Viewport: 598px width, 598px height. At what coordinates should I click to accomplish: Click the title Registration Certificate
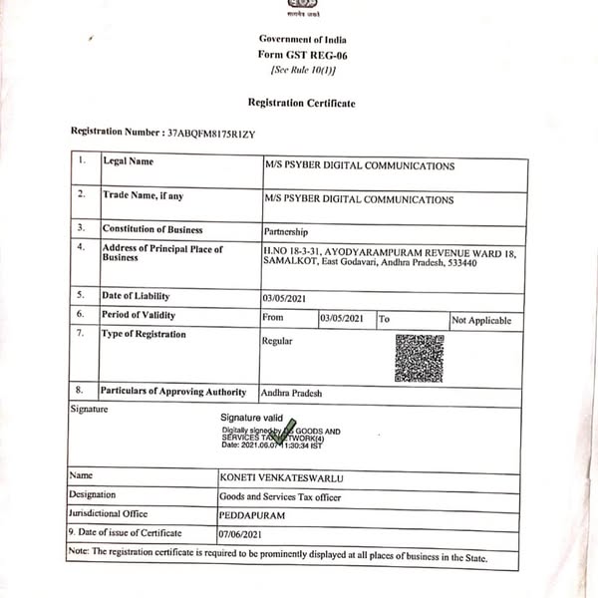tap(301, 103)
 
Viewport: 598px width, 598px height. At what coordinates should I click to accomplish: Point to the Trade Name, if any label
tap(143, 195)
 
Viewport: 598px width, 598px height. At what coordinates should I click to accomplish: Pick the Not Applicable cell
tap(481, 320)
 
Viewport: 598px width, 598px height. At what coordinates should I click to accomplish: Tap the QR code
tap(419, 359)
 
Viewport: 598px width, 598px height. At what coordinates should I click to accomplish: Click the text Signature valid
tap(252, 419)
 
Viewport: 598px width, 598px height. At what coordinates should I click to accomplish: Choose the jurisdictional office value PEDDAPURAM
tap(253, 514)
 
